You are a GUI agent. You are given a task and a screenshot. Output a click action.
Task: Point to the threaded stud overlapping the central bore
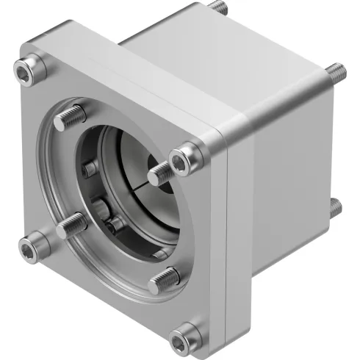pyautogui.click(x=160, y=174)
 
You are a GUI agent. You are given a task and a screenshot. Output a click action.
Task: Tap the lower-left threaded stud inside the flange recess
pyautogui.click(x=72, y=224)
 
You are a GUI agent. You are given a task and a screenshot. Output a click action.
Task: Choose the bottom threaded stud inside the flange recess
pyautogui.click(x=165, y=279)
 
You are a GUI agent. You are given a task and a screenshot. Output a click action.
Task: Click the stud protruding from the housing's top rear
pyautogui.click(x=218, y=7)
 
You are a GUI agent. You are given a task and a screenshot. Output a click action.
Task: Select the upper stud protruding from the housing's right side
pyautogui.click(x=335, y=71)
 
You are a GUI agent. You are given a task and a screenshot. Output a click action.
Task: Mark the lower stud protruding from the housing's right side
pyautogui.click(x=335, y=207)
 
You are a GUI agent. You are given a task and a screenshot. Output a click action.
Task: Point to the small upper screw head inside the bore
pyautogui.click(x=90, y=170)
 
